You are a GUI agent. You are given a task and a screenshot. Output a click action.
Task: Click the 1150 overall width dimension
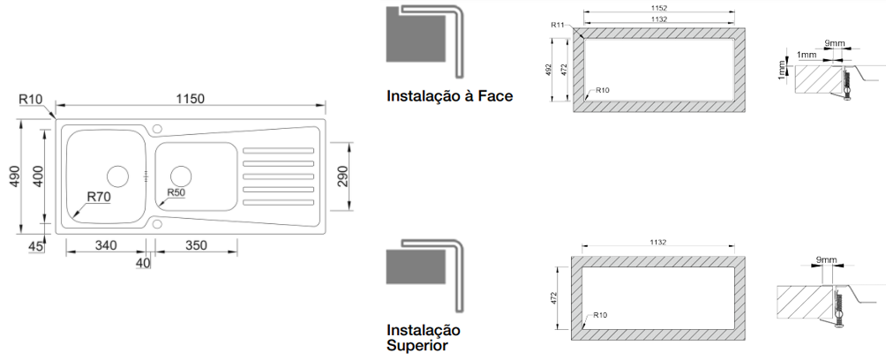coord(190,99)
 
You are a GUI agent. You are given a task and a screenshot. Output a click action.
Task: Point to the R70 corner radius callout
coord(98,197)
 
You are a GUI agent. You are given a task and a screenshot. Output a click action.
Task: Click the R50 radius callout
coord(176,192)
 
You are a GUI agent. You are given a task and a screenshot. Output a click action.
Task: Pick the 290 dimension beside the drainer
coord(343,176)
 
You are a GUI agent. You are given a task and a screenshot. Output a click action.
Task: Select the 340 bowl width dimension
coord(106,245)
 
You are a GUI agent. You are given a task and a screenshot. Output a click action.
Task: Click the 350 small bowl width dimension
coord(196,245)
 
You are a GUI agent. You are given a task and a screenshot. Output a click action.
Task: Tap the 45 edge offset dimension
coord(35,246)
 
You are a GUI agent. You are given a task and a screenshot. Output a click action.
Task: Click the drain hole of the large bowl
coord(118,176)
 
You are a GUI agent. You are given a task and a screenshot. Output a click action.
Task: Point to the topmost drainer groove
coord(278,150)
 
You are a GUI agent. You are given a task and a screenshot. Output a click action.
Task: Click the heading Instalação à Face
coord(450,96)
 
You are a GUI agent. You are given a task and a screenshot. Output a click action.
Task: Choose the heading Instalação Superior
coord(424,337)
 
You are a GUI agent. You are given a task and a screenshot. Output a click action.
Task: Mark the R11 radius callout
coord(559,25)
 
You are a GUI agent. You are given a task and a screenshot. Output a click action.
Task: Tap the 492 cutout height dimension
coord(547,70)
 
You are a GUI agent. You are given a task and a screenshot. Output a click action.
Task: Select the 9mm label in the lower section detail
coord(826,259)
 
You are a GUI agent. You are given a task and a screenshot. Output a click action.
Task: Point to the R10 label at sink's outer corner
coord(31,99)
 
